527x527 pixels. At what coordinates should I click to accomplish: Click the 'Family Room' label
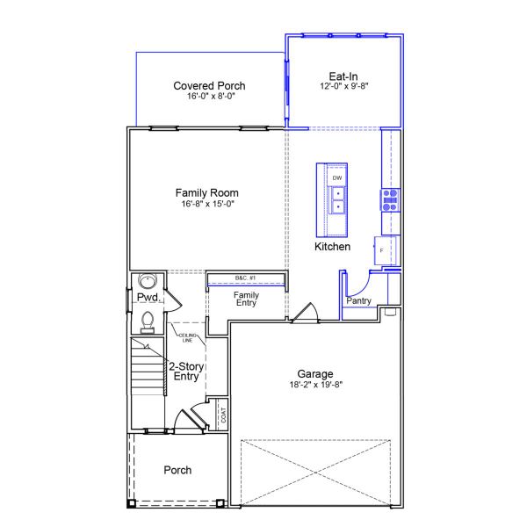pyautogui.click(x=206, y=192)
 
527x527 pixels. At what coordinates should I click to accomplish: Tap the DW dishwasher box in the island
pyautogui.click(x=336, y=177)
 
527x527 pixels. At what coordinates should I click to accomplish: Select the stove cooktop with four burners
pyautogui.click(x=389, y=199)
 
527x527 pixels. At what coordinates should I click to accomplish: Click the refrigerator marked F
pyautogui.click(x=383, y=250)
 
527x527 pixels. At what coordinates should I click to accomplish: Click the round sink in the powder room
pyautogui.click(x=148, y=282)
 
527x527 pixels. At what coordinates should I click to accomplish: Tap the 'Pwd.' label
pyautogui.click(x=146, y=299)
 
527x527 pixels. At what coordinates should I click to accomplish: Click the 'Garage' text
pyautogui.click(x=314, y=373)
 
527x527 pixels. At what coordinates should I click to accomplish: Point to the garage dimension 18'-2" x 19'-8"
pyautogui.click(x=314, y=384)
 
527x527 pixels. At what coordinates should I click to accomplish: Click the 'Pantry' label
pyautogui.click(x=358, y=301)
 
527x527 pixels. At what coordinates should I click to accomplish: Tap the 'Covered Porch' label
pyautogui.click(x=209, y=85)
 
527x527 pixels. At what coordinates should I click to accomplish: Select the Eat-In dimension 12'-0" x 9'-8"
pyautogui.click(x=344, y=87)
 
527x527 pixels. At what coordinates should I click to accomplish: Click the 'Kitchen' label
pyautogui.click(x=332, y=248)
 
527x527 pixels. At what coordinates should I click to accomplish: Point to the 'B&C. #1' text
pyautogui.click(x=245, y=278)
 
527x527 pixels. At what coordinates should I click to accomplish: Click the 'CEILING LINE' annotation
pyautogui.click(x=186, y=337)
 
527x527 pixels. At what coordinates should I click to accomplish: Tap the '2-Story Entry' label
pyautogui.click(x=185, y=371)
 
